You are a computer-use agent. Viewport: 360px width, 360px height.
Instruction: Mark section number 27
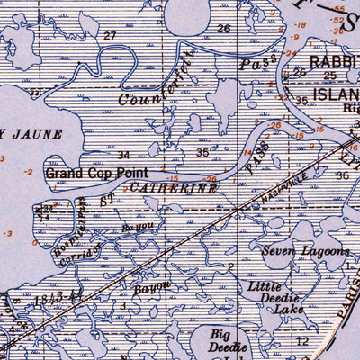(x=111, y=36)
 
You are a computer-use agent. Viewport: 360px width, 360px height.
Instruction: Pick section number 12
(x=302, y=340)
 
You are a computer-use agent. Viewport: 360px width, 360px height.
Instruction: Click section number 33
(x=33, y=92)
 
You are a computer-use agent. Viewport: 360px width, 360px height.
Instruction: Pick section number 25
(x=329, y=76)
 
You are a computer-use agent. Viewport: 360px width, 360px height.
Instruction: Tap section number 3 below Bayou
(x=123, y=306)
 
